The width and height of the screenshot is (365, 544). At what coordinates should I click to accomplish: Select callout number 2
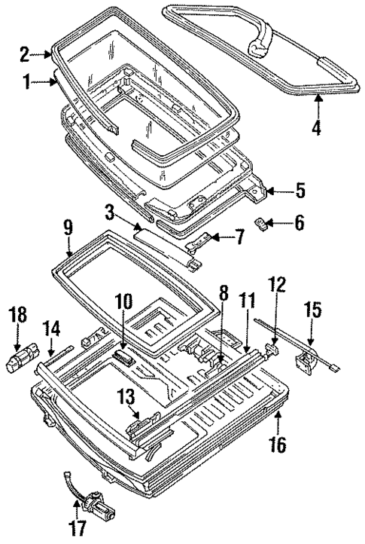(24, 54)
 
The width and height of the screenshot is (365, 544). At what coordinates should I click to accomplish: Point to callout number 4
(317, 128)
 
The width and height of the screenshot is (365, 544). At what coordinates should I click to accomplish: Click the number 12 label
(277, 285)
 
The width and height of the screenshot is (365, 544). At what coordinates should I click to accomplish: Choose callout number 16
(278, 445)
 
